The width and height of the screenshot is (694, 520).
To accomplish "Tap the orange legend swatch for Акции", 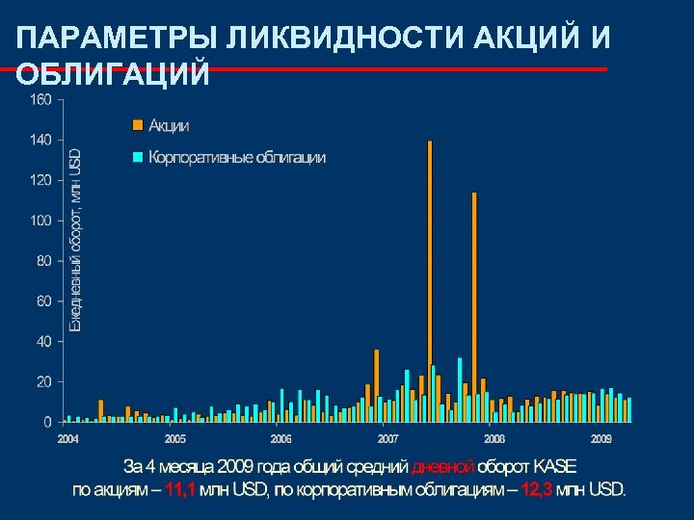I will point(137,125).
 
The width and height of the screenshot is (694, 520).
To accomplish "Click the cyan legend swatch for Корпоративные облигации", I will point(137,157).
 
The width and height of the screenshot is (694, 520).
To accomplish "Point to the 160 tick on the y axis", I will point(40,99).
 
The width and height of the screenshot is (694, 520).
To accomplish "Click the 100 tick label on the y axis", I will point(40,221).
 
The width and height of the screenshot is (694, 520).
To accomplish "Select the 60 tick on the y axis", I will point(43,301).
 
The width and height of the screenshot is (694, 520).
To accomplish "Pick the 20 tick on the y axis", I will point(43,382).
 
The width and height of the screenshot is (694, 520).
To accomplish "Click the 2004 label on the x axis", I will point(67,439).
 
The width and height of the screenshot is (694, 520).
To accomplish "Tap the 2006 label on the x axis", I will point(280,439).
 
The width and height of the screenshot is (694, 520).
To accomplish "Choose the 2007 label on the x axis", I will point(387,439).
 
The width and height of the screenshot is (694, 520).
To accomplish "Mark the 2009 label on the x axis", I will point(601,439).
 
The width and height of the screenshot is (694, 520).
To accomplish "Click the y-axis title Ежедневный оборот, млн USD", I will point(75,240).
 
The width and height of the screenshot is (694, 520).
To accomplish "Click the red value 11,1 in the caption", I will point(180,489).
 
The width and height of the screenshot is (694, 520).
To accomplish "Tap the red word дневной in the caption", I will point(442,467).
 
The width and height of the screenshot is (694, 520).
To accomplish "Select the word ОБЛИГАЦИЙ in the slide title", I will point(113,75).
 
